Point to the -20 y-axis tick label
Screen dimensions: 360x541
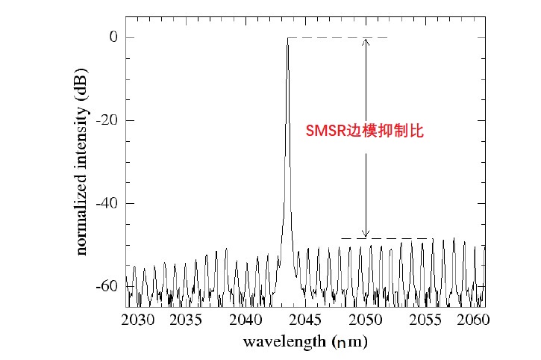pos(104,120)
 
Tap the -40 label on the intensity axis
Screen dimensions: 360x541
pos(104,203)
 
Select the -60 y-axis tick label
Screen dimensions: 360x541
pos(104,286)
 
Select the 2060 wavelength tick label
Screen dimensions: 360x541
pos(471,320)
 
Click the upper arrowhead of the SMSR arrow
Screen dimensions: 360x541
pos(366,41)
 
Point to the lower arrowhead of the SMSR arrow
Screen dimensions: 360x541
pos(366,235)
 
